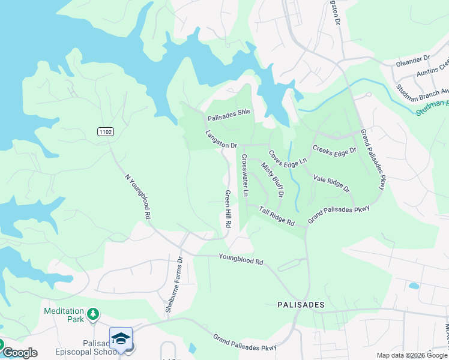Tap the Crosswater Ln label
point(245,175)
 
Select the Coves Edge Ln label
point(288,157)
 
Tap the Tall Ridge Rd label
point(277,216)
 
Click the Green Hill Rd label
point(228,208)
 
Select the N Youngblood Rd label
point(136,196)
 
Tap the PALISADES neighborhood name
point(301,305)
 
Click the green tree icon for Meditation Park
point(92,314)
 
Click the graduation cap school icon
point(121,338)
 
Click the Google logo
point(19,353)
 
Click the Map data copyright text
point(412,355)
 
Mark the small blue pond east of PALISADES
point(414,286)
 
